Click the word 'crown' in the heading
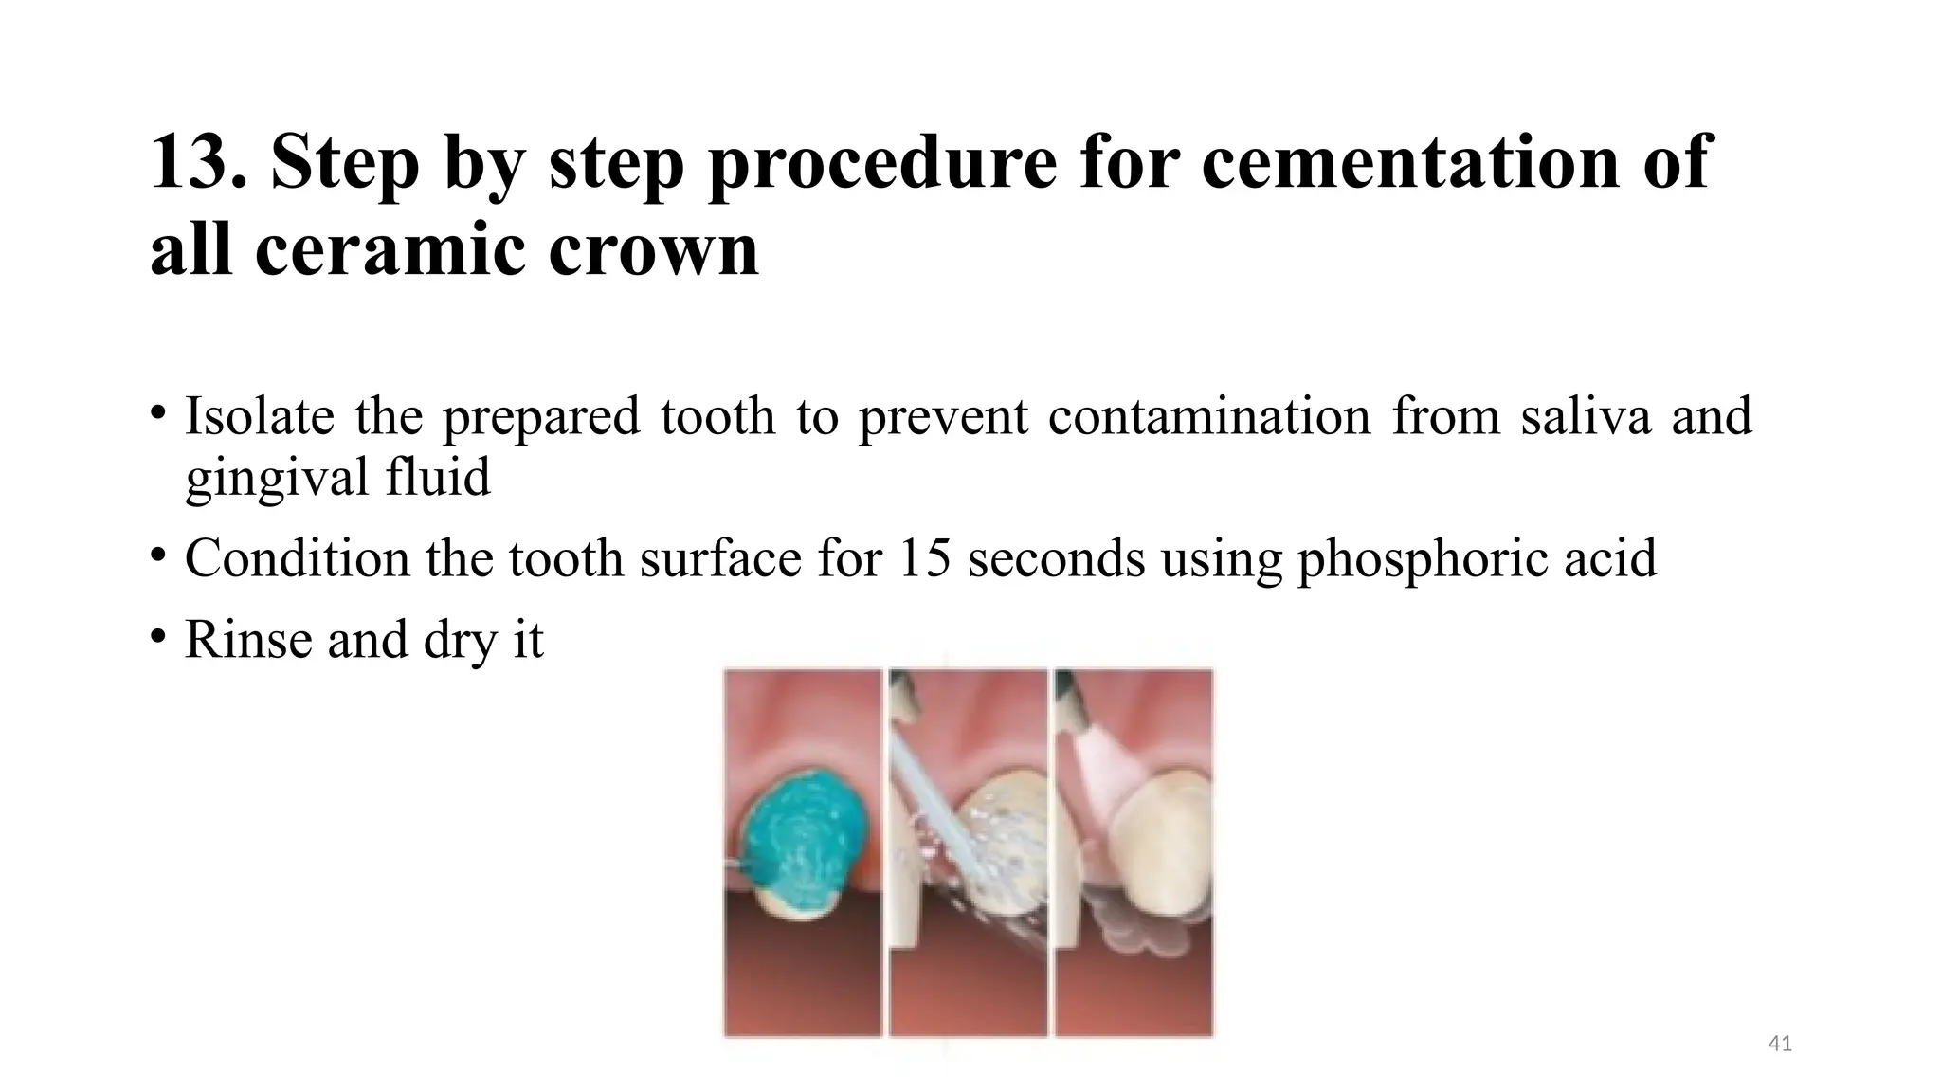pos(653,249)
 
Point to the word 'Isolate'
pos(259,416)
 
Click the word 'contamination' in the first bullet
pos(1209,416)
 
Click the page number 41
pos(1780,1044)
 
